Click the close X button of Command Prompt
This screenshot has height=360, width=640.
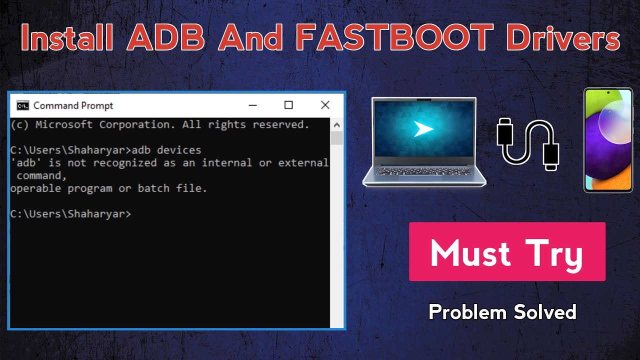325,105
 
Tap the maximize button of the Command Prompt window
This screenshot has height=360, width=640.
288,105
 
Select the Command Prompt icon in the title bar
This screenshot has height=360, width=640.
22,105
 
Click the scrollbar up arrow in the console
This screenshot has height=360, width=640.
336,125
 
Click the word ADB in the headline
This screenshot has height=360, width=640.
165,36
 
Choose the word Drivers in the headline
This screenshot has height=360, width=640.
562,36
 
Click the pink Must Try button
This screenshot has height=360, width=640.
507,252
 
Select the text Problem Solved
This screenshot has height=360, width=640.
502,312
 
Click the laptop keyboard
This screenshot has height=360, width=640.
424,171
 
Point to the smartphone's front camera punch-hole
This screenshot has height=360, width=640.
608,93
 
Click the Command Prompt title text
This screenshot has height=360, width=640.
73,105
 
